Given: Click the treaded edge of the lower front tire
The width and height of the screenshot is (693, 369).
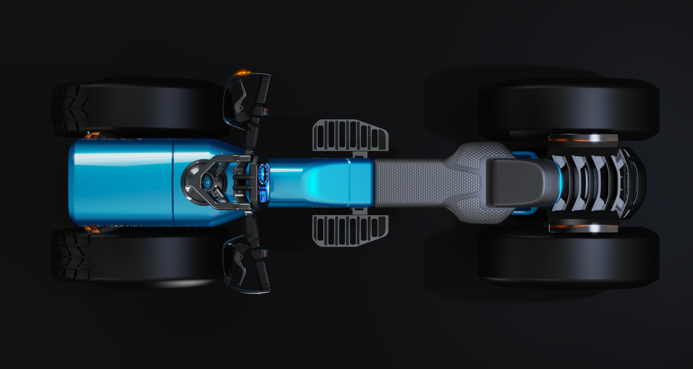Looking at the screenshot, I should (70, 254).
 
